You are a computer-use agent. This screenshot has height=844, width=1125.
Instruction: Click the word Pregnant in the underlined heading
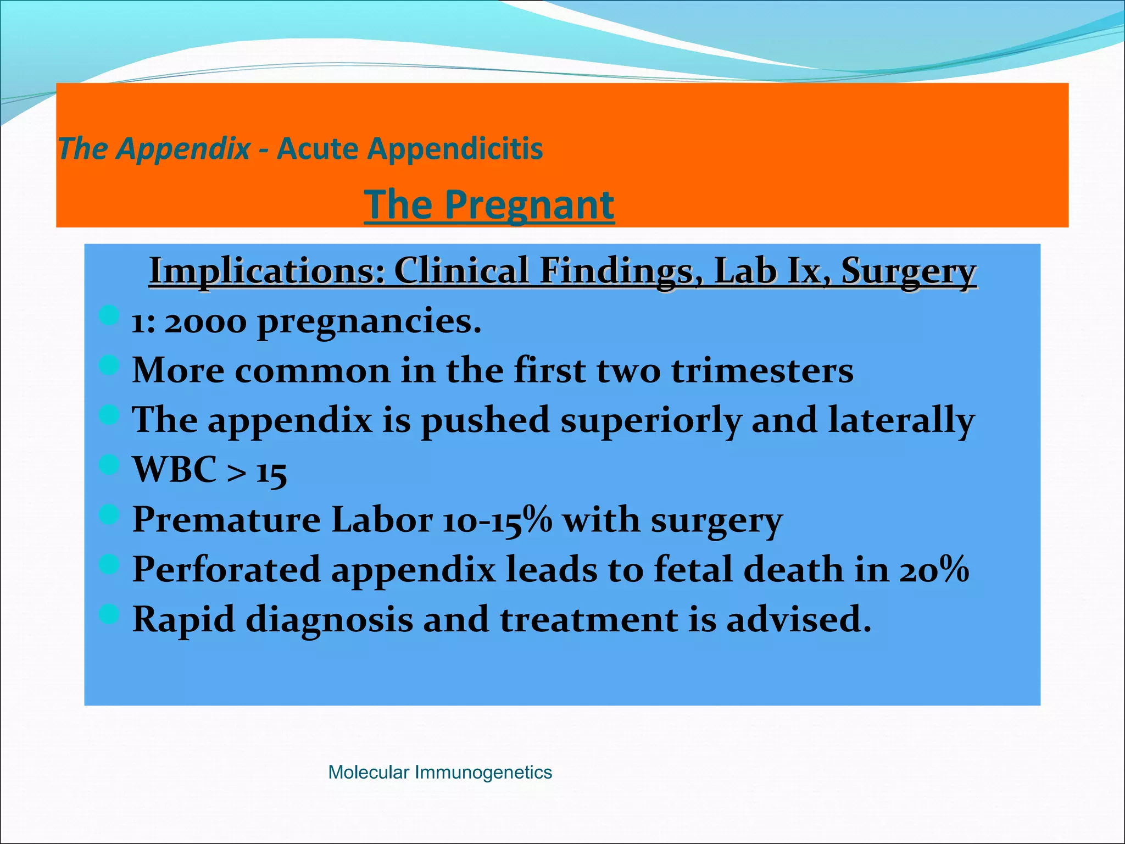click(529, 205)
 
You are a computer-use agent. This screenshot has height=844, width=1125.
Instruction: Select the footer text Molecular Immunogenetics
click(439, 772)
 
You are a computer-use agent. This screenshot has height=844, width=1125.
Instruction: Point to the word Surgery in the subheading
click(909, 271)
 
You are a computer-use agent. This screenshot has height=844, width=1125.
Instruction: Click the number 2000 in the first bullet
click(205, 322)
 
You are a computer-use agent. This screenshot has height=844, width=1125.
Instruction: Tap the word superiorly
click(650, 420)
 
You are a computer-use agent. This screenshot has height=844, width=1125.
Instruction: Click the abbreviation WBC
click(175, 470)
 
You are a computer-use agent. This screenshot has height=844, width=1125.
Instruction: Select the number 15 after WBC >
click(271, 472)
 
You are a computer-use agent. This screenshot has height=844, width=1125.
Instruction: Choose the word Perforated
click(226, 569)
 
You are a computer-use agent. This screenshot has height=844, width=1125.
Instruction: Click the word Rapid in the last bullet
click(183, 619)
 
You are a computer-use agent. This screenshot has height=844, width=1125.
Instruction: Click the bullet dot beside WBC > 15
click(109, 465)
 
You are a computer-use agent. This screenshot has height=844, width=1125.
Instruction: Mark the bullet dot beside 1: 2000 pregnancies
click(109, 315)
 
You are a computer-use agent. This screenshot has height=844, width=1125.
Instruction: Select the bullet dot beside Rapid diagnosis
click(109, 614)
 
